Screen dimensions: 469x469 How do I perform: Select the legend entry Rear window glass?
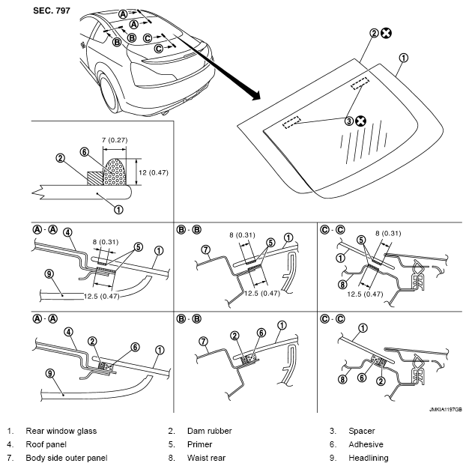[61, 431]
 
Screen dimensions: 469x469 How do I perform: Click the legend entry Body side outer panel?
[67, 458]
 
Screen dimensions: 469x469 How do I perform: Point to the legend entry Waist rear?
[207, 458]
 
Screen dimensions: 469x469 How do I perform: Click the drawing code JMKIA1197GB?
[445, 411]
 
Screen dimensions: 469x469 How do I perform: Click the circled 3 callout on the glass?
[349, 120]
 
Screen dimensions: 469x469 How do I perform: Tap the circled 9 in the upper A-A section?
[48, 276]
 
